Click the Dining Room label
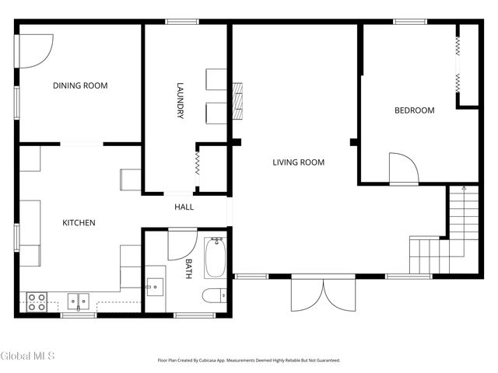(x=80, y=85)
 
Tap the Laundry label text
(x=180, y=100)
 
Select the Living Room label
(x=299, y=162)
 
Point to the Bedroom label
(x=415, y=110)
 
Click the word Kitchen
(x=79, y=223)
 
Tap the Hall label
(x=184, y=207)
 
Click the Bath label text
(x=188, y=269)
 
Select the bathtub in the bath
(x=216, y=258)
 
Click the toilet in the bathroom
(x=215, y=295)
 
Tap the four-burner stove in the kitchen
(x=37, y=302)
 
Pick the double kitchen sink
(x=78, y=302)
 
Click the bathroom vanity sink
(x=155, y=287)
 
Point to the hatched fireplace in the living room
(x=237, y=101)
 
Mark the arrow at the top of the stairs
(x=464, y=188)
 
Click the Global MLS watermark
(x=27, y=356)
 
